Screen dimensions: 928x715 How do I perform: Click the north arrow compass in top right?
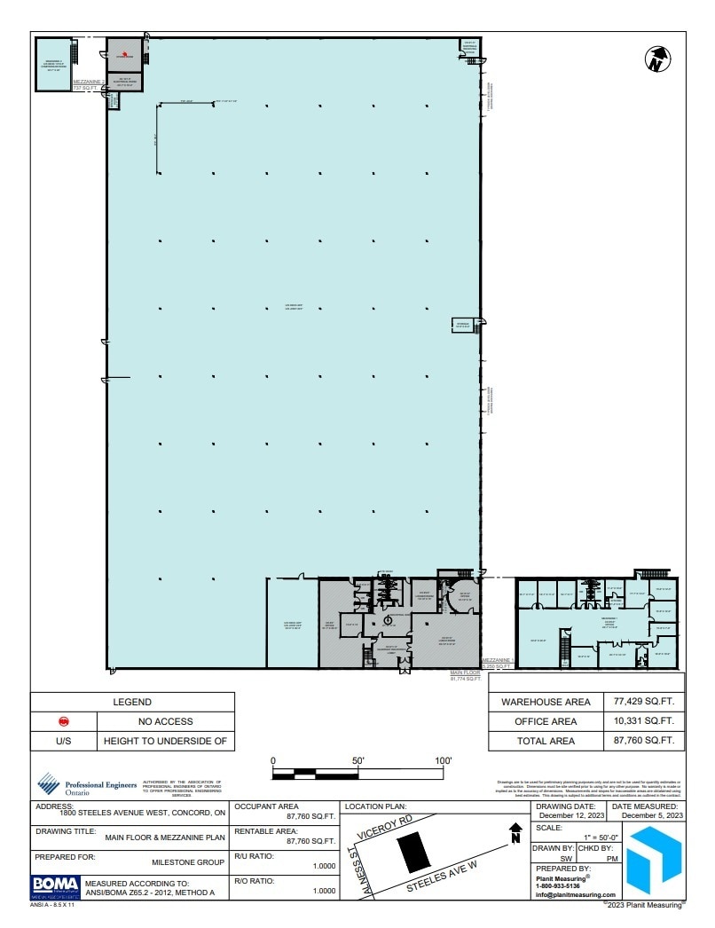click(x=656, y=59)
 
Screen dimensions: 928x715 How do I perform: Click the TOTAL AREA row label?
click(x=545, y=741)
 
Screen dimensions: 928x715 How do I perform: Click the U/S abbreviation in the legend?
click(x=63, y=741)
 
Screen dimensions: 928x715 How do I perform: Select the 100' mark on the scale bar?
click(x=444, y=761)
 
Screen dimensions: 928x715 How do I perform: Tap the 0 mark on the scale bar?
click(x=273, y=761)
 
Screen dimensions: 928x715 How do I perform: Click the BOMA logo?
click(x=55, y=885)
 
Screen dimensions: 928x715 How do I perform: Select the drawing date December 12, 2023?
click(x=570, y=814)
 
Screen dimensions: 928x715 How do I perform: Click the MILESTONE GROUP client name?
click(x=188, y=861)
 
